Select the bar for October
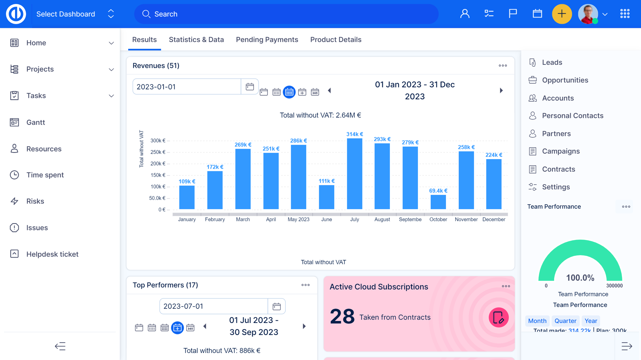click(x=438, y=202)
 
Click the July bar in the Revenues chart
click(x=354, y=174)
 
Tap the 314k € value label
click(x=354, y=134)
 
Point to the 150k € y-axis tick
click(x=158, y=175)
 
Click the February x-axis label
click(x=215, y=220)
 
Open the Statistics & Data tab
click(x=196, y=40)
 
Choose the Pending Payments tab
click(x=267, y=40)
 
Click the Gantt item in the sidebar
click(x=36, y=122)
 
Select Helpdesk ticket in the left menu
click(x=52, y=254)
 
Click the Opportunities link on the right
click(x=565, y=80)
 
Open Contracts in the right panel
click(x=558, y=169)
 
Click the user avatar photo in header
click(x=588, y=14)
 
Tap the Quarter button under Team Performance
click(x=565, y=321)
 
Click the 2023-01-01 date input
click(x=187, y=87)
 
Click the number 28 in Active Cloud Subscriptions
click(x=342, y=317)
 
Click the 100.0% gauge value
click(x=580, y=278)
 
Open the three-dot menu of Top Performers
click(x=305, y=285)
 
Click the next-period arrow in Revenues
click(x=501, y=90)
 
